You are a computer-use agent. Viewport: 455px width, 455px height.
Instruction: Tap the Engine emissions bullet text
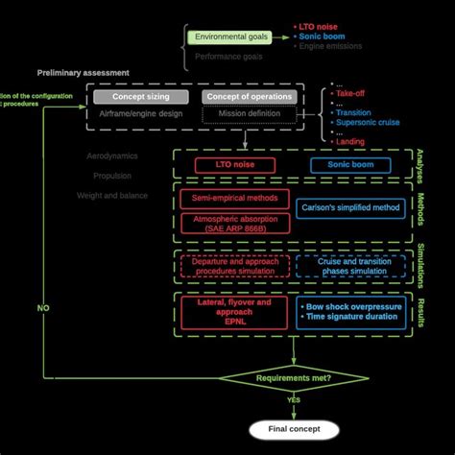coord(332,45)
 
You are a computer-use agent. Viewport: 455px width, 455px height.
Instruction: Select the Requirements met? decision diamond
coord(294,379)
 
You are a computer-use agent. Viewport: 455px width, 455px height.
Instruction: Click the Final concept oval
coord(294,429)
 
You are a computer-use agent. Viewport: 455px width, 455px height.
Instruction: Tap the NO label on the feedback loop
coord(43,309)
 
